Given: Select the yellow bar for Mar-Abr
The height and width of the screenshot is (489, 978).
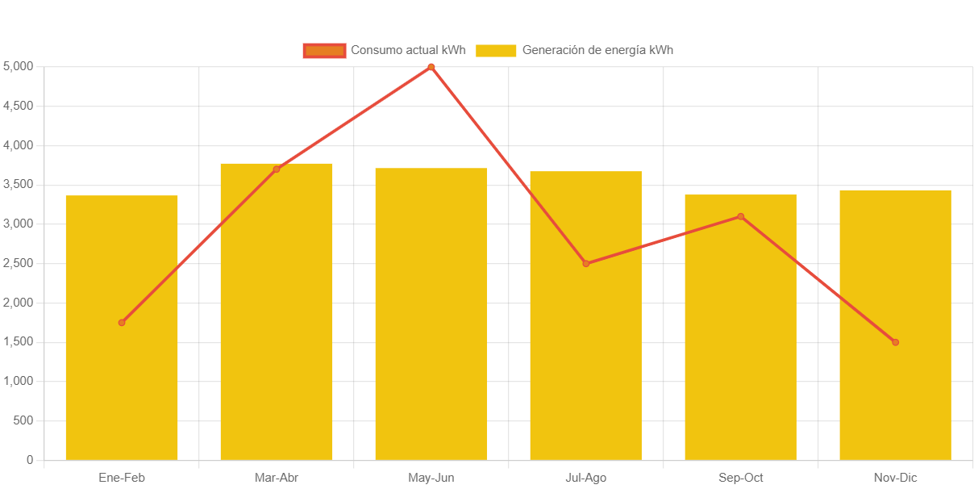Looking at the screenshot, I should point(277,323).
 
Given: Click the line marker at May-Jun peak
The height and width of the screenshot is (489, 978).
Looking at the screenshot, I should point(431,67).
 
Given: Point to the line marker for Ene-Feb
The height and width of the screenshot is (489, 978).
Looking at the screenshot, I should point(122,323).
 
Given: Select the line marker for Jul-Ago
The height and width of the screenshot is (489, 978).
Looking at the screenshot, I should point(586,264).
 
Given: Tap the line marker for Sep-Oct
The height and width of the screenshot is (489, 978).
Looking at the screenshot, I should point(740,216).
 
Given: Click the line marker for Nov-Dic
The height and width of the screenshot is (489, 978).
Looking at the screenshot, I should point(895,342).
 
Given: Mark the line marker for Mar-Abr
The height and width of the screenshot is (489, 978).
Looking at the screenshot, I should point(277,169).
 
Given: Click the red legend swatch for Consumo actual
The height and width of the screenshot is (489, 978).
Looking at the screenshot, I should point(324,51).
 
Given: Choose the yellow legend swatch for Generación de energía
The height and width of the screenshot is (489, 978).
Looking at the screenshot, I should point(496,51).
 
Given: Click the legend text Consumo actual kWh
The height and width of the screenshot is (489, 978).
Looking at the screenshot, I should point(408,51).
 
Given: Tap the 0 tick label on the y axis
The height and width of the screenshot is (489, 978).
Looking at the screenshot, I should point(30,460).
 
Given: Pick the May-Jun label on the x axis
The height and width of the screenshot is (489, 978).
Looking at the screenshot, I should point(431,478).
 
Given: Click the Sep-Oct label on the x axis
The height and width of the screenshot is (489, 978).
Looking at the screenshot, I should point(740,478).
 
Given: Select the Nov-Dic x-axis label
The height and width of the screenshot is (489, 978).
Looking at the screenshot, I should point(895,478).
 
